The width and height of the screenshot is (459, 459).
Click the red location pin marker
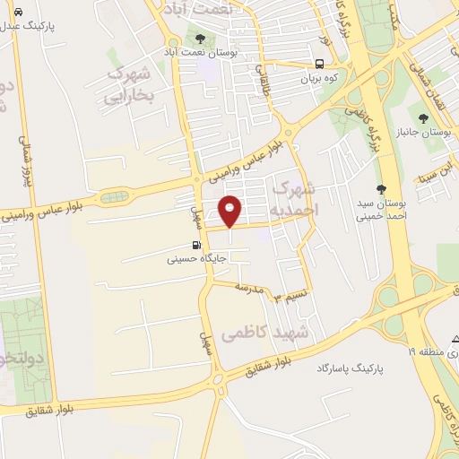tap(230, 210)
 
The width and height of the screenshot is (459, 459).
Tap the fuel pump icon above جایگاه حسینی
tap(195, 244)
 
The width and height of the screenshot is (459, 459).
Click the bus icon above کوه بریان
tap(320, 63)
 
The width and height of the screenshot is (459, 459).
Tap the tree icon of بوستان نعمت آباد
tap(199, 38)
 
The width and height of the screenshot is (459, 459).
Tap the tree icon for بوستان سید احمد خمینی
tap(382, 188)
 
